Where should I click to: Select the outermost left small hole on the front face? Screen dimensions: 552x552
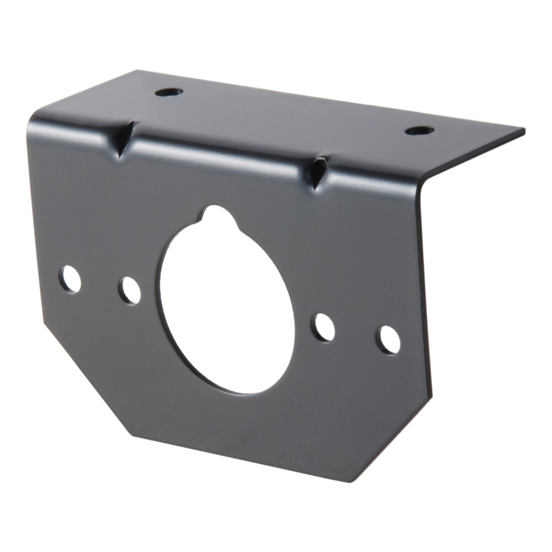point(70,279)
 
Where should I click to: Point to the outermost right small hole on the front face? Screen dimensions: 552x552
point(388,340)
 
